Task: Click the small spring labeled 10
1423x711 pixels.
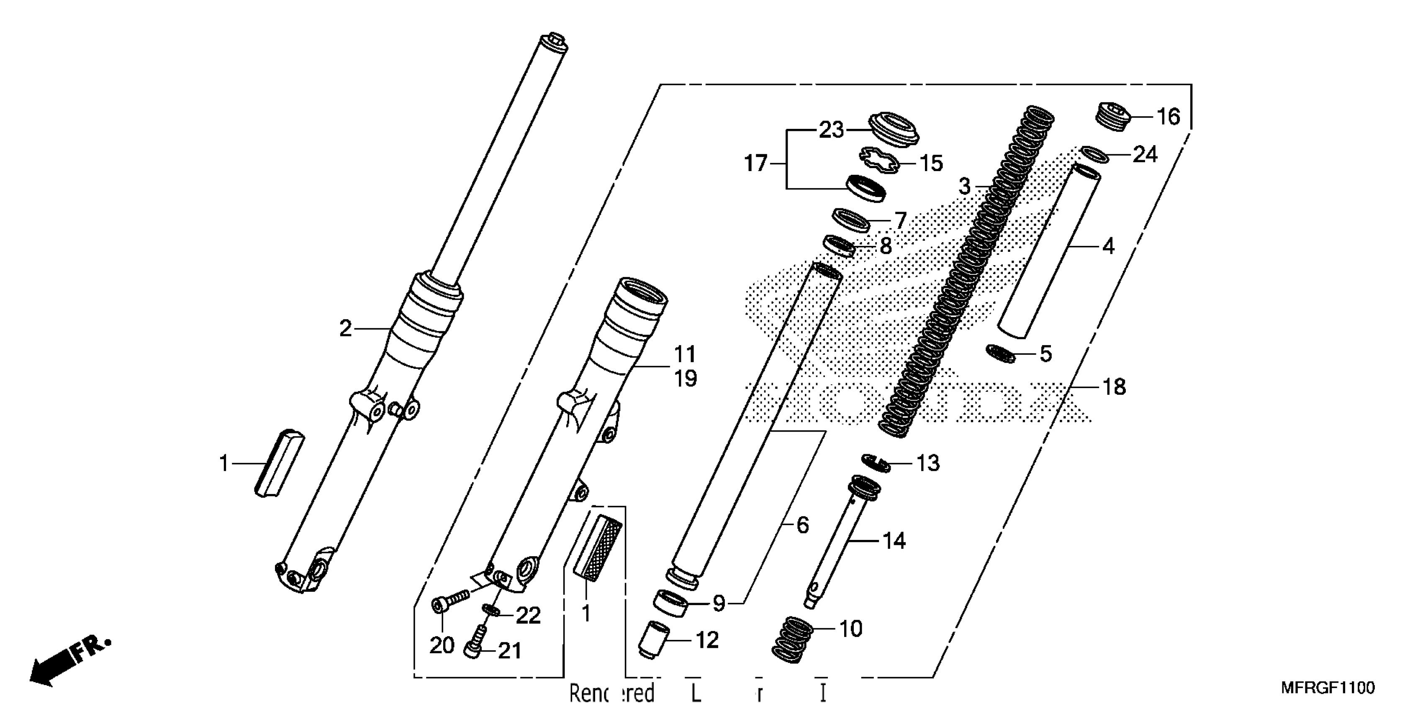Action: pyautogui.click(x=791, y=639)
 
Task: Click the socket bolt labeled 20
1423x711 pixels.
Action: pyautogui.click(x=450, y=601)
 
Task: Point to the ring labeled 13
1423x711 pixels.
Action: pyautogui.click(x=876, y=462)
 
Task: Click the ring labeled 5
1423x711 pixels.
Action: pyautogui.click(x=1001, y=353)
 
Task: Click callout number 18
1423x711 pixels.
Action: pyautogui.click(x=1114, y=387)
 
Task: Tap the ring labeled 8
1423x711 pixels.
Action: pyautogui.click(x=839, y=246)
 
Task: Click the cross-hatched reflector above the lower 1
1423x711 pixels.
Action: pyautogui.click(x=598, y=547)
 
